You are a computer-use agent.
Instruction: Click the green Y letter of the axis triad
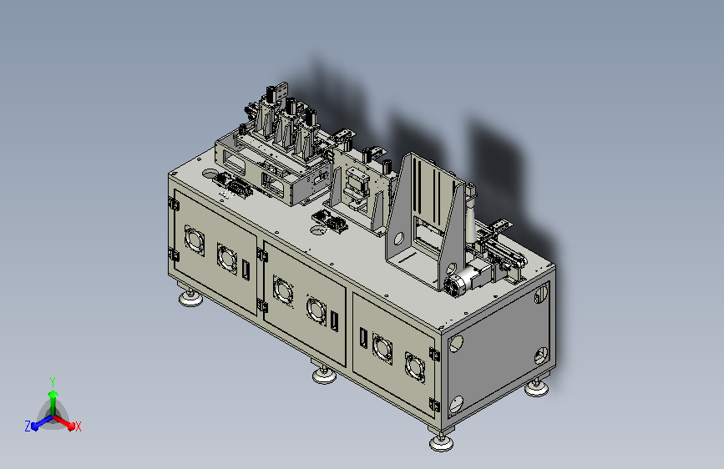53,381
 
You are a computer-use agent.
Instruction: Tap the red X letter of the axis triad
78,426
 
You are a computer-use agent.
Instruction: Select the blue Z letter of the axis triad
28,426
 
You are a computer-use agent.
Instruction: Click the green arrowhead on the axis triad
53,394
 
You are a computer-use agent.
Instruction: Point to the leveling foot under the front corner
442,442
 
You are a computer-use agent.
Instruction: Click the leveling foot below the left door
190,298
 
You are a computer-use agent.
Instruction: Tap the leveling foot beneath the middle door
324,375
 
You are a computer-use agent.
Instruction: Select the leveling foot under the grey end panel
537,388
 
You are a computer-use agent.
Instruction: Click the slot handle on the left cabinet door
246,270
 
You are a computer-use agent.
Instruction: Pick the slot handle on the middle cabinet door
334,321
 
